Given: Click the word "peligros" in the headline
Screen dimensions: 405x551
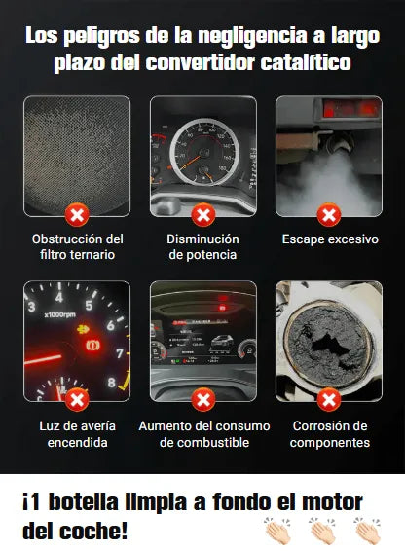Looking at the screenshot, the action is coord(102,37).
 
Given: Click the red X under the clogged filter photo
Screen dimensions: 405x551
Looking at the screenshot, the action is coord(77,215).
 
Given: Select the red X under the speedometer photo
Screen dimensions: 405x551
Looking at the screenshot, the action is coord(203,215).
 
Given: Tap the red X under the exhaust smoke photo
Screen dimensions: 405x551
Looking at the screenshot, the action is coord(329,215).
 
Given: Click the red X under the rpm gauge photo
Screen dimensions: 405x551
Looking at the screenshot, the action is coord(77,400).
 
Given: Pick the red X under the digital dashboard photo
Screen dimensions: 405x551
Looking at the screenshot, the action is coord(203,400).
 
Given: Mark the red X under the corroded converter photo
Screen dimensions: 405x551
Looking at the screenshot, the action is coord(329,400).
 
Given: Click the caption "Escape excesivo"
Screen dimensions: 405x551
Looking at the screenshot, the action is coord(330,239).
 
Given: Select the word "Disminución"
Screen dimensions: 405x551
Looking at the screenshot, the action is coord(202,239).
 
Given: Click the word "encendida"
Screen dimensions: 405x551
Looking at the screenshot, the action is coord(77,442).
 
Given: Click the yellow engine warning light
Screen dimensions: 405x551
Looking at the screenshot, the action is coord(84,329).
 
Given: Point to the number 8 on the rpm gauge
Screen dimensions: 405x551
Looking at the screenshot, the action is coord(111,383).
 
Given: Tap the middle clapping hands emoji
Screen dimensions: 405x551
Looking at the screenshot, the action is coord(323,531).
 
